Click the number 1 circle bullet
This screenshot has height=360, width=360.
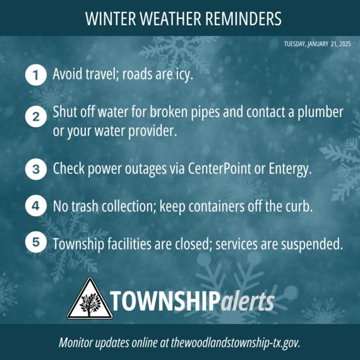36,75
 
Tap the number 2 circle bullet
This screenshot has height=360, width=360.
36,117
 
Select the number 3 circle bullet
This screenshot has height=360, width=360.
36,169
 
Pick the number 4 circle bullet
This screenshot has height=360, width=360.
36,206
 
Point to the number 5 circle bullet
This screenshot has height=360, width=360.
36,242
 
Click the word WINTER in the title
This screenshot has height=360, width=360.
111,18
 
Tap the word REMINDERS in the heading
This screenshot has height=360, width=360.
243,18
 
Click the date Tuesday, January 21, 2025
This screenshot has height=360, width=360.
317,44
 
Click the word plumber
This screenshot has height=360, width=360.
320,112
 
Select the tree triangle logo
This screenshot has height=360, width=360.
90,299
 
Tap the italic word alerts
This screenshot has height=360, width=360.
248,301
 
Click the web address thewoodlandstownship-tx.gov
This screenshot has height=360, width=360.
236,343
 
